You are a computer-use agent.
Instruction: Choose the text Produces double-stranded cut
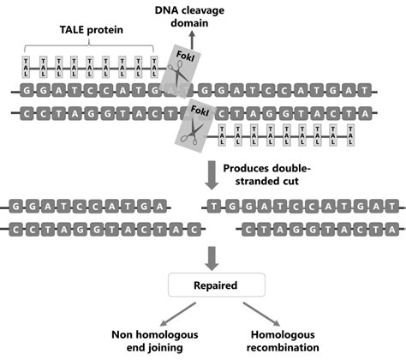coord(270,176)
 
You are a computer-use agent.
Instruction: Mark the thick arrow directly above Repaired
coord(213,255)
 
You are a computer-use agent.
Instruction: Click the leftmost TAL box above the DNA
coord(27,65)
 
